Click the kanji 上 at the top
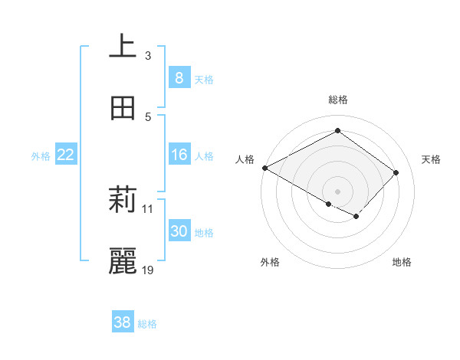point(123,47)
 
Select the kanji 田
point(123,108)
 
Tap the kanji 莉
point(123,201)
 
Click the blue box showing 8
point(179,77)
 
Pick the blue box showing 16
point(179,155)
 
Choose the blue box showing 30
point(179,231)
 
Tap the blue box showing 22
point(66,155)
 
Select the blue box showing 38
point(123,322)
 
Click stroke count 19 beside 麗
point(149,270)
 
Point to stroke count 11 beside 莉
point(148,208)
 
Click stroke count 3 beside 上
point(148,55)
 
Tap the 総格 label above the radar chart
point(338,100)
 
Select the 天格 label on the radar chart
point(432,159)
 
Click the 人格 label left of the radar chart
point(245,159)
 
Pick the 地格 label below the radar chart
point(402,262)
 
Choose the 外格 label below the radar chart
point(270,262)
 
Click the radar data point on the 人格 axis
point(264,168)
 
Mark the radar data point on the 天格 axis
point(396,172)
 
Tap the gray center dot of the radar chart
point(337,191)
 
